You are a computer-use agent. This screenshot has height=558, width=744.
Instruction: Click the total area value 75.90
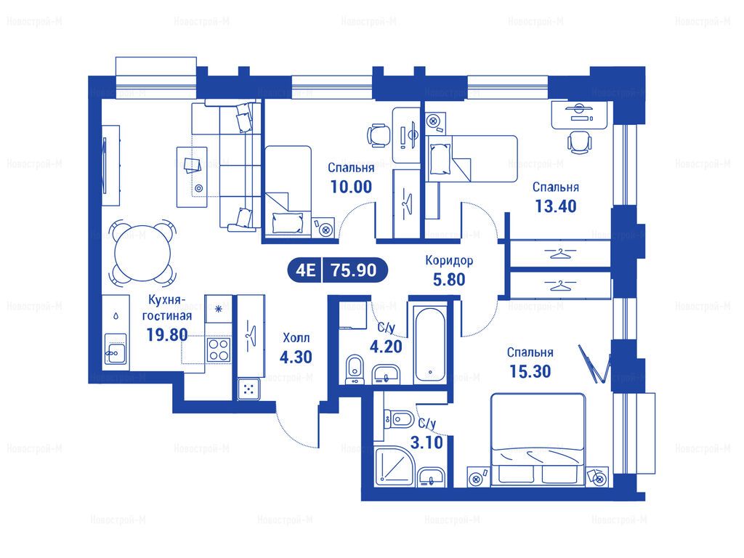pos(354,270)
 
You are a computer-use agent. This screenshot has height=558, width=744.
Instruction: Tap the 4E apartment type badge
pos(305,270)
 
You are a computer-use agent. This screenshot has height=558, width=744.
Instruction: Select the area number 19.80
pos(167,334)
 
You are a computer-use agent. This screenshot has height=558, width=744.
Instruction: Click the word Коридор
pos(449,261)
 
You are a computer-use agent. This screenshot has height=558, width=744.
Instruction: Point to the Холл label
pos(296,338)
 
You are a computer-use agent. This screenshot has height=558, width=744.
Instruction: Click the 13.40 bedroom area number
pos(556,206)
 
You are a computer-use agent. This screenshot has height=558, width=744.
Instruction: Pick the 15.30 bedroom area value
pos(530,371)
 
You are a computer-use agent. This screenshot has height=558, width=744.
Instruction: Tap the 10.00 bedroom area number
pos(351,187)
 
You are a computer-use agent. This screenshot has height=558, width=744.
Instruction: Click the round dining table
pos(142,252)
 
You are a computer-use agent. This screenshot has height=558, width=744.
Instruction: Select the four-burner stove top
pos(219,349)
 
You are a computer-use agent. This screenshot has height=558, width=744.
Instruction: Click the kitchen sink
pos(116,350)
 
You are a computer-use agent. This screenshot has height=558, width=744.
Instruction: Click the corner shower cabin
pos(395,466)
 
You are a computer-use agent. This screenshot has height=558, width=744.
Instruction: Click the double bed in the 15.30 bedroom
pos(538,438)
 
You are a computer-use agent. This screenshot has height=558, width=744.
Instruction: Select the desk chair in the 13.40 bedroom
pos(579,142)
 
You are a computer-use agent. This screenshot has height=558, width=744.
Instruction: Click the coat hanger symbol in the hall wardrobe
pos(251,331)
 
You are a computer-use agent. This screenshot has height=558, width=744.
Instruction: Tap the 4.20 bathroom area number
pos(386,347)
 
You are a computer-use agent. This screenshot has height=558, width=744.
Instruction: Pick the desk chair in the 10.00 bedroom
pos(379,135)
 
